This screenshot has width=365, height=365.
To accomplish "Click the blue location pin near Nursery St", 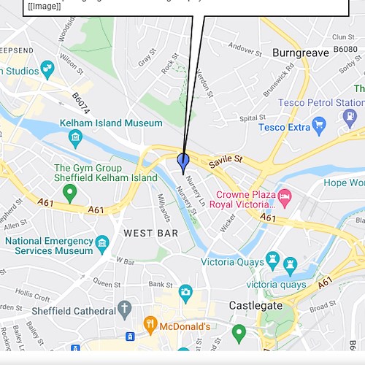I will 183,161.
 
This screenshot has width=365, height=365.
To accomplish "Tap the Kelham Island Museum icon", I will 74,137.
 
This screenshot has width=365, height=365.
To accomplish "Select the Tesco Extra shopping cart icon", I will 318,128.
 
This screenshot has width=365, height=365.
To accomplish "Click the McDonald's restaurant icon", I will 150,323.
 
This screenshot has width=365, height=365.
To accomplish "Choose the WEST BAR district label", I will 150,233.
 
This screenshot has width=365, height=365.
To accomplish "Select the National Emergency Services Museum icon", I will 101,242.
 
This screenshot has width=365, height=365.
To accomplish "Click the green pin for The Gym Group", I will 70,193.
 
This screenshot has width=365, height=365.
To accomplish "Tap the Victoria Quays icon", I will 272,259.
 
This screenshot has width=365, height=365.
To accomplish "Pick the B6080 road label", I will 345,49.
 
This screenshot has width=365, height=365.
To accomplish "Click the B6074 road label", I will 81,102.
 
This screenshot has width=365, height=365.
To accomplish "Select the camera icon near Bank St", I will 185,293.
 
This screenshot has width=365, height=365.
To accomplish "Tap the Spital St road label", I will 253,118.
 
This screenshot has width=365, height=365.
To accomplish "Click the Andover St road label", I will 245,48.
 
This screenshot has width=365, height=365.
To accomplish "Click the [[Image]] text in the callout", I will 44,7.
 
